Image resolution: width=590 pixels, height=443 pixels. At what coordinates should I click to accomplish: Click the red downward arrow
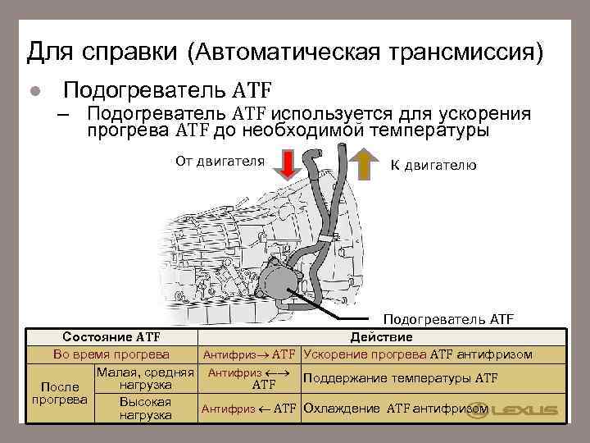pos(287,164)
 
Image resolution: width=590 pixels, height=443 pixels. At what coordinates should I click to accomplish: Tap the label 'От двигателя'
pos(220,161)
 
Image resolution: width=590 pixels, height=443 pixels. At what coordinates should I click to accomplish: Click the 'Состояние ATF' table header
pos(111,337)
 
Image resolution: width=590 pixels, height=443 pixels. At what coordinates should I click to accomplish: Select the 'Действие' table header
pos(381,337)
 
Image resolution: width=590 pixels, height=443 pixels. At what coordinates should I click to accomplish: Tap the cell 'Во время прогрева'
pos(111,354)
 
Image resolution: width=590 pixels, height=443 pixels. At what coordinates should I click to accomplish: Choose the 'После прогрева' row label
pos(59,393)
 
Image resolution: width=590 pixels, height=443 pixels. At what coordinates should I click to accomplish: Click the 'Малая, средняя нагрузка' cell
pos(144,379)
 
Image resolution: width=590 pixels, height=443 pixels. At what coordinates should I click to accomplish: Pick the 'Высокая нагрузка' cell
pos(144,408)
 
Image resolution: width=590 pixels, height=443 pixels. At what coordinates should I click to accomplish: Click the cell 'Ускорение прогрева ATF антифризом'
pos(418,354)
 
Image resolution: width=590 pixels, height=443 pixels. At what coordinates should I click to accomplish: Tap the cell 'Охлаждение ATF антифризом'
pos(397,408)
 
